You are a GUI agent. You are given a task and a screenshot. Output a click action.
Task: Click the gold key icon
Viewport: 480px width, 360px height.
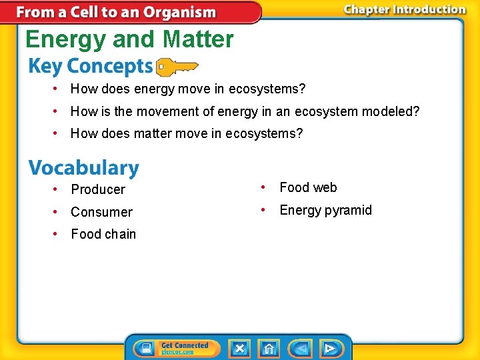177,67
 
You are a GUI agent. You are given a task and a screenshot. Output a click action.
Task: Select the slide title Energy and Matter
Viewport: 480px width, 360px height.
129,39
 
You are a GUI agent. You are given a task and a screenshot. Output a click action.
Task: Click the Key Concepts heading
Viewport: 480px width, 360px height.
90,67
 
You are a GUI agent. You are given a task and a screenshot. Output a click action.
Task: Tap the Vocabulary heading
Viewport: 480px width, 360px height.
83,167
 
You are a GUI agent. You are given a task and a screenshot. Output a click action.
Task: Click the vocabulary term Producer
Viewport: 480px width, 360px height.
98,189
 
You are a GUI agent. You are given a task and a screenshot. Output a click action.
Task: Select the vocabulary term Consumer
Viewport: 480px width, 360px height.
101,212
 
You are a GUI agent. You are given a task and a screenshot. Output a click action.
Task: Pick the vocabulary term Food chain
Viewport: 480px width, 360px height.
103,234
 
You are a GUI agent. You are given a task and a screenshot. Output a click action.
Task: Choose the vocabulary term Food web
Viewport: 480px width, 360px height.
308,187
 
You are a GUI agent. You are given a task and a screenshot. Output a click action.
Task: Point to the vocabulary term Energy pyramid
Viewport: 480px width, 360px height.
325,210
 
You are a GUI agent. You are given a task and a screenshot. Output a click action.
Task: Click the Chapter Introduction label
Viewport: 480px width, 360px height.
404,9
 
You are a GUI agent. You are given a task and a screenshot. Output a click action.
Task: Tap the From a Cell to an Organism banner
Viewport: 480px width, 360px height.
116,12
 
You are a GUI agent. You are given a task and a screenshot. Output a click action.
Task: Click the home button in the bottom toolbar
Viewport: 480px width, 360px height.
269,348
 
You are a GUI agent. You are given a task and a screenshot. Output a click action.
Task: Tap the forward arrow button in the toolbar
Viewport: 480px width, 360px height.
329,348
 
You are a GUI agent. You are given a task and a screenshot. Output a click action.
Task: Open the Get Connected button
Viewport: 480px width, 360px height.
177,348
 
